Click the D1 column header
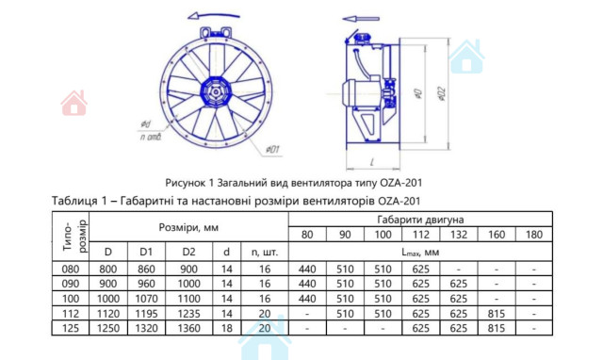pos(146,252)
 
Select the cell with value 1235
pos(188,314)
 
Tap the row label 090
pos(71,284)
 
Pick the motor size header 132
pos(459,235)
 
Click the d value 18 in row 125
pos(227,329)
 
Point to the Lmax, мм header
pos(420,253)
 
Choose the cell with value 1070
pos(146,299)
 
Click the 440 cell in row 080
pos(307,270)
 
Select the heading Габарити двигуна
pos(420,220)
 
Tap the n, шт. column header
pos(265,253)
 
